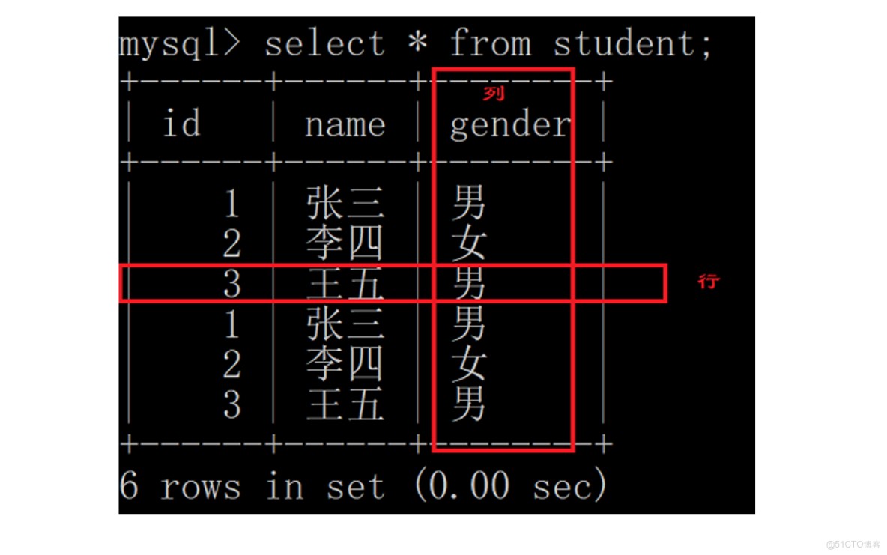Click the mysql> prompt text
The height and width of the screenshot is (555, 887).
click(179, 44)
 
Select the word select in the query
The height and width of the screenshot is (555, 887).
click(324, 43)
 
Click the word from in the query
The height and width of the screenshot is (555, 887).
click(491, 43)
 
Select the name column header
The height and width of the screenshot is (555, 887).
click(345, 125)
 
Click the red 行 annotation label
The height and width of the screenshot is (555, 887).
click(708, 281)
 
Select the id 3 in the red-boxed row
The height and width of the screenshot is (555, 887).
click(232, 283)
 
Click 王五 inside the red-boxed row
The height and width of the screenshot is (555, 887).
click(345, 283)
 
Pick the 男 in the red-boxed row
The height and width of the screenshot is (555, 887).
click(469, 283)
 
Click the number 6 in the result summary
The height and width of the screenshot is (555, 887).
click(128, 485)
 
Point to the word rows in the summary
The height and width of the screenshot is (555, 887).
click(201, 487)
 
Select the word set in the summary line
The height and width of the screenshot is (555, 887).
click(355, 487)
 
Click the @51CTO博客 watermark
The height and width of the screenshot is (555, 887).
click(853, 545)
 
